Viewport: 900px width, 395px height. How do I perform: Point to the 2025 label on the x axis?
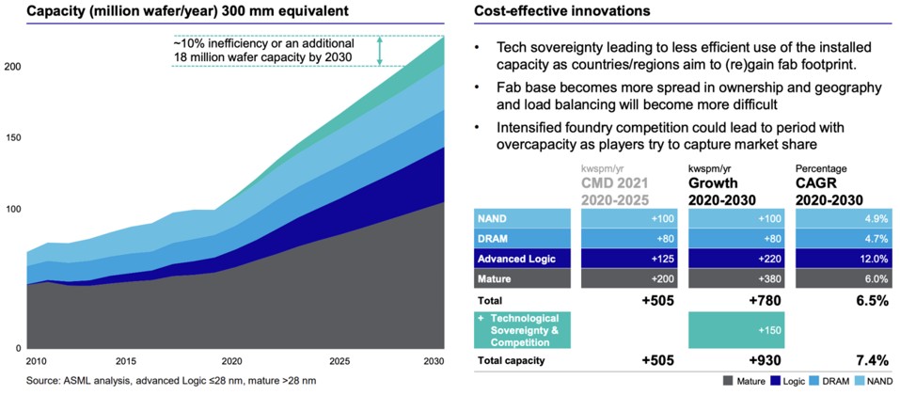tap(339, 361)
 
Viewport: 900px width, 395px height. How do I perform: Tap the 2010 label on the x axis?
tap(36, 361)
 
